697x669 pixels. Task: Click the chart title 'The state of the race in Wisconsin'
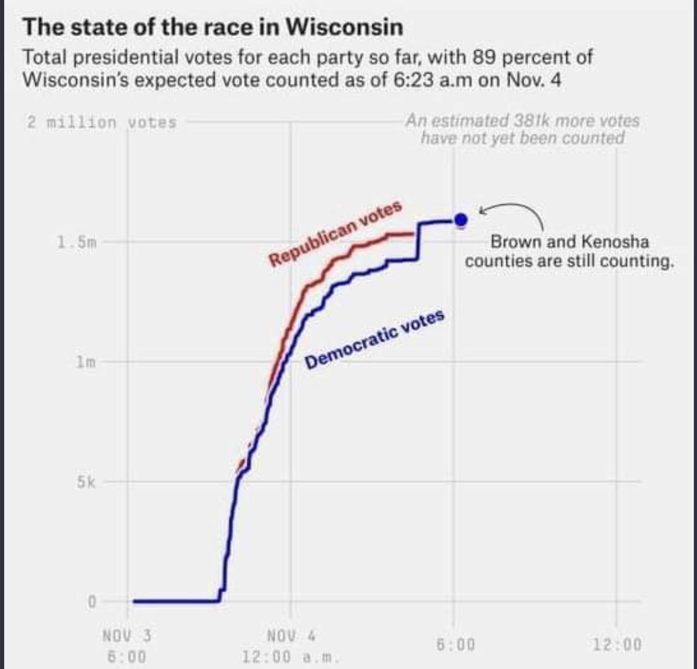click(213, 27)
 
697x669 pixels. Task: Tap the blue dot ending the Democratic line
click(461, 220)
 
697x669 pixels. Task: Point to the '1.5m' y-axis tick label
click(76, 243)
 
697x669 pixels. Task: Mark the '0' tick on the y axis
click(91, 602)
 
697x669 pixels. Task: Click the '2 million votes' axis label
click(102, 123)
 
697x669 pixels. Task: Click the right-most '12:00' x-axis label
click(617, 643)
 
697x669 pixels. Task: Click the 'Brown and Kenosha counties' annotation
click(569, 251)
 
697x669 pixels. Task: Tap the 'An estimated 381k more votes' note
click(523, 129)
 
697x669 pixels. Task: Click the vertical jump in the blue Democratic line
click(419, 241)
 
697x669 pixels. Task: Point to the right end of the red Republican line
click(415, 234)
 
